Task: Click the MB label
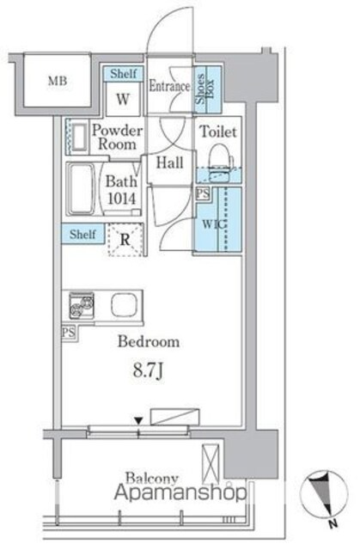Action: (x=58, y=81)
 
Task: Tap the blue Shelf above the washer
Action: (x=124, y=74)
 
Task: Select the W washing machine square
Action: (x=123, y=99)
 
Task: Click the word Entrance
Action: (x=169, y=86)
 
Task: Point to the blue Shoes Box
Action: (x=208, y=89)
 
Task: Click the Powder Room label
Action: (x=117, y=137)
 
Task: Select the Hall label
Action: (x=169, y=162)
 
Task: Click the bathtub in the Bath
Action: (x=81, y=189)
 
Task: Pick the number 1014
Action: (x=121, y=199)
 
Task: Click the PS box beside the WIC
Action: (x=203, y=193)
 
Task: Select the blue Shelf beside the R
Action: (x=82, y=234)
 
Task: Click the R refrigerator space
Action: (x=125, y=240)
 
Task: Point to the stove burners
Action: (x=82, y=305)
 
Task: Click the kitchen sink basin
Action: (x=124, y=305)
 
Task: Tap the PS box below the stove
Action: (x=69, y=332)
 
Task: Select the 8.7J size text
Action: (x=148, y=370)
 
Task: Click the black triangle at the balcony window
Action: (x=139, y=420)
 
